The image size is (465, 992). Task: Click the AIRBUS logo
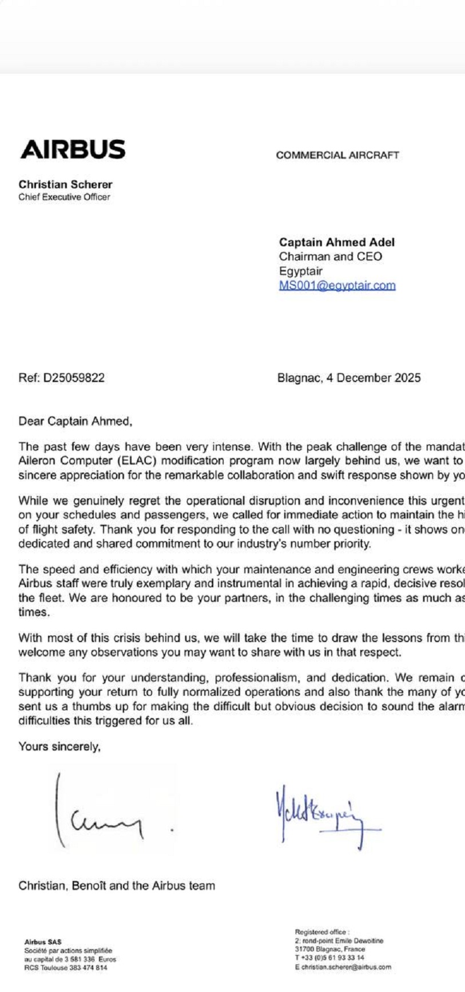click(x=73, y=149)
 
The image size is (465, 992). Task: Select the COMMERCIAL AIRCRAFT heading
click(x=337, y=155)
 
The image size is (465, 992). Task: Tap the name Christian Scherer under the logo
click(x=65, y=184)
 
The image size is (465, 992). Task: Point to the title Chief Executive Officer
click(x=64, y=197)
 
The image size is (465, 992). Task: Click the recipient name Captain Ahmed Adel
click(x=336, y=242)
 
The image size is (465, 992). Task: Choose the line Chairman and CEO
click(x=330, y=257)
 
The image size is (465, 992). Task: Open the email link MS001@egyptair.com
click(x=337, y=285)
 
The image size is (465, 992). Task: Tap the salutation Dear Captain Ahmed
click(x=75, y=422)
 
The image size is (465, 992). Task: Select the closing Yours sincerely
click(x=59, y=746)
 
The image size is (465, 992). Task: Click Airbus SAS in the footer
click(x=43, y=942)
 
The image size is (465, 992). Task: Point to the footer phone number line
click(x=329, y=957)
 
